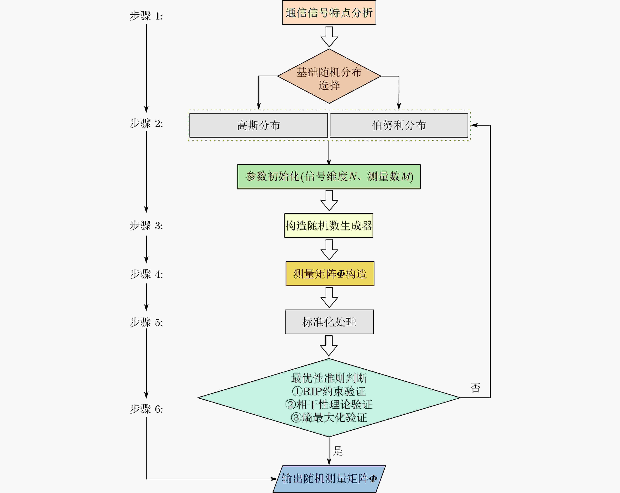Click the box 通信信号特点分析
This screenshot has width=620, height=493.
[x=329, y=13]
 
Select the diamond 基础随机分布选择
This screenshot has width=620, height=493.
[x=329, y=76]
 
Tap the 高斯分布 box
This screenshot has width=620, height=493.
[x=258, y=125]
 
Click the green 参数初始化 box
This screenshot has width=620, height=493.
[x=329, y=177]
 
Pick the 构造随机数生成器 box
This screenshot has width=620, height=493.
[x=329, y=226]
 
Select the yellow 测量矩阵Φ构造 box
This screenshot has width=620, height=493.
[x=330, y=274]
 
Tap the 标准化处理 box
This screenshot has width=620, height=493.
[x=329, y=322]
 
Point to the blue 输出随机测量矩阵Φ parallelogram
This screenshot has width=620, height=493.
[x=329, y=479]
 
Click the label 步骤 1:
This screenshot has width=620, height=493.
[x=146, y=16]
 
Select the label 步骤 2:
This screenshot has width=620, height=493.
[x=146, y=124]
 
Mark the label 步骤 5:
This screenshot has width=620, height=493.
[x=146, y=322]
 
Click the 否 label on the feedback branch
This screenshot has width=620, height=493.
[x=475, y=388]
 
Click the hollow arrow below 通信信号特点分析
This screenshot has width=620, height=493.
[x=329, y=37]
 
